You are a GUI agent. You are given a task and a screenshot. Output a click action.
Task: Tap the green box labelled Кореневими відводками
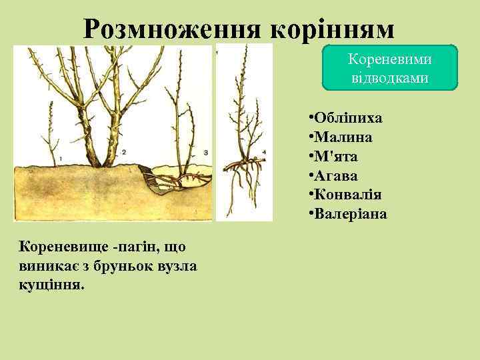click(x=390, y=67)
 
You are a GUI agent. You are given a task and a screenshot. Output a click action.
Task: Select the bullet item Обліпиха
click(x=346, y=118)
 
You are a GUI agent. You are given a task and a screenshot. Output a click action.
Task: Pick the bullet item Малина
click(x=341, y=137)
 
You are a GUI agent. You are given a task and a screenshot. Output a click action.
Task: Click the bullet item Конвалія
click(x=346, y=195)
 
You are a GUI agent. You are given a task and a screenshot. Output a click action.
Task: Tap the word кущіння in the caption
click(x=47, y=285)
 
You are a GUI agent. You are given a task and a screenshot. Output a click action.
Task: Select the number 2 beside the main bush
click(x=124, y=152)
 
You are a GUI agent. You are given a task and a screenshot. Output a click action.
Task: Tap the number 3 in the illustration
click(x=205, y=153)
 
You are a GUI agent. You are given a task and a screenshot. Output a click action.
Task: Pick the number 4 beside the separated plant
click(x=264, y=152)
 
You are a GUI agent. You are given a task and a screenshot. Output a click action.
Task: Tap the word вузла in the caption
click(x=161, y=266)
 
